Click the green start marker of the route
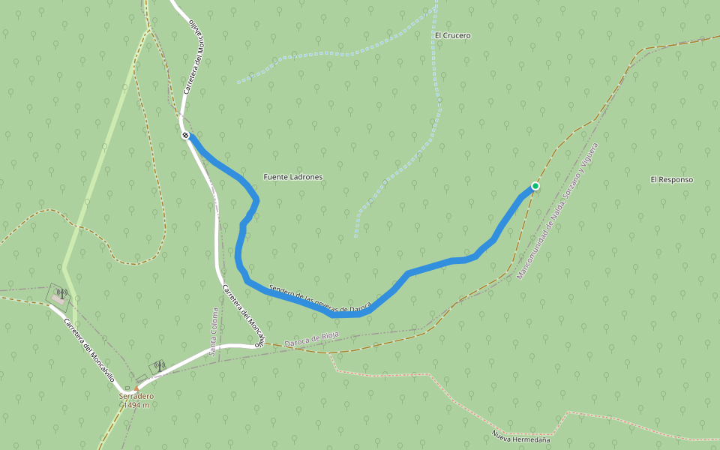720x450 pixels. point(535,185)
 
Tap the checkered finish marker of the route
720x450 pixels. point(185,135)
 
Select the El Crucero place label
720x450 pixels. point(453,35)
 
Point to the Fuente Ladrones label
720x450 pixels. point(292,177)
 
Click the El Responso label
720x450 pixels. point(671,180)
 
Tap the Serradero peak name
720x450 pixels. point(136,396)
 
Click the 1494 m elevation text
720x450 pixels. point(136,405)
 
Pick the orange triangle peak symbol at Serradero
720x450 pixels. point(136,388)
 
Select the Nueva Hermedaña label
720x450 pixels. point(520,434)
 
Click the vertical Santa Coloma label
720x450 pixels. point(213,331)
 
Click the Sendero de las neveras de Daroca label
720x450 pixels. point(319,299)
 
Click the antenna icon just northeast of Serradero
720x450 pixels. point(158,366)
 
